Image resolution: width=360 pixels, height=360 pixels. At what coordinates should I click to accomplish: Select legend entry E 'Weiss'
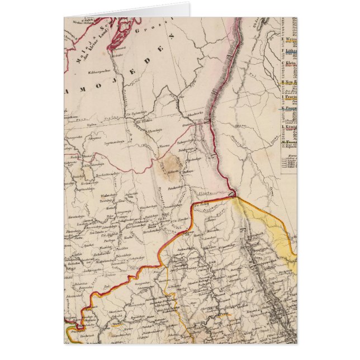(290, 40)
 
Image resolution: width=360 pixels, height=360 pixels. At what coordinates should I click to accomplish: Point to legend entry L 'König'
(290, 127)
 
